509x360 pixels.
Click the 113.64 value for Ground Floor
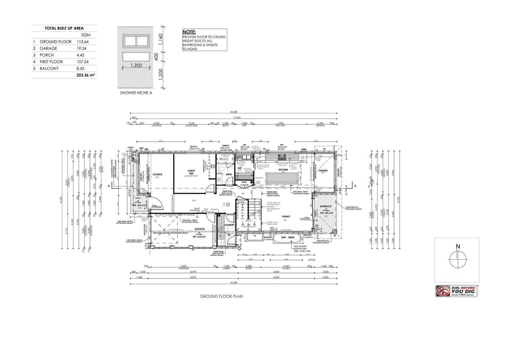(83, 42)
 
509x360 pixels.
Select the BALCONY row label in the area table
(49, 68)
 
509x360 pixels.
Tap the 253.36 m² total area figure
(86, 75)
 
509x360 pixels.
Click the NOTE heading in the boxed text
(189, 32)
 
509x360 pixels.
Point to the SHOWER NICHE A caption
(136, 93)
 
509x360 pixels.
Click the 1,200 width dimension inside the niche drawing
(136, 66)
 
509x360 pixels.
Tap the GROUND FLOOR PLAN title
(221, 296)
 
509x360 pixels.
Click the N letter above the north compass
(458, 246)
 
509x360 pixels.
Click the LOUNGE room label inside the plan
(157, 174)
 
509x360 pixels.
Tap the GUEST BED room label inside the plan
(191, 172)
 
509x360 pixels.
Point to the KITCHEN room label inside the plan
(283, 170)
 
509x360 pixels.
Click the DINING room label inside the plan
(323, 171)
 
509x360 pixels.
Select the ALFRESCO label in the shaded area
(325, 206)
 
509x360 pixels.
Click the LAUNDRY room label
(230, 225)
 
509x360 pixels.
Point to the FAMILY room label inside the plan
(285, 216)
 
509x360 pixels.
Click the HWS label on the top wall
(303, 149)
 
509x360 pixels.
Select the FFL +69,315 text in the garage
(199, 237)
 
